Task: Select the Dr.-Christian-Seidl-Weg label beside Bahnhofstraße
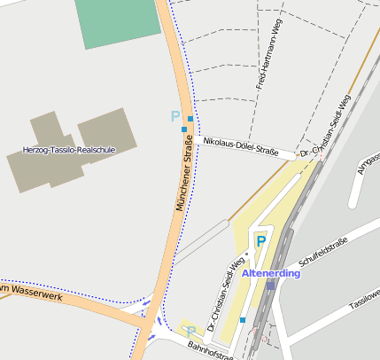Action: [x=225, y=293]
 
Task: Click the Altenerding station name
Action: [x=271, y=272]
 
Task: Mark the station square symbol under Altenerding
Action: [x=271, y=286]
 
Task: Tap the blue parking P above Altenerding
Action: [x=260, y=240]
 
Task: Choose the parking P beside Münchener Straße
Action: [x=175, y=116]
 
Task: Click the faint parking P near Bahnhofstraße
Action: [x=191, y=332]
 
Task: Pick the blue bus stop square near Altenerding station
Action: [x=243, y=319]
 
